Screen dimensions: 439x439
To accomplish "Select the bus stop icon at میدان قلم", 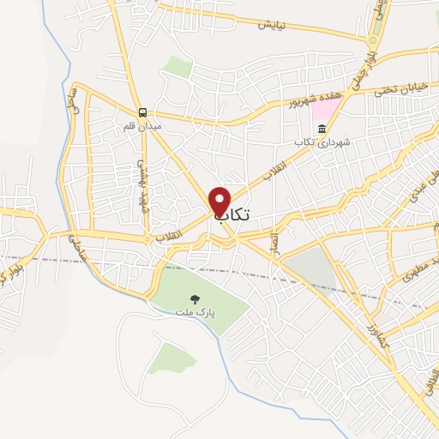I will tap(142, 112).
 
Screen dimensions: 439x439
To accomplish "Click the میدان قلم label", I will tap(141, 126).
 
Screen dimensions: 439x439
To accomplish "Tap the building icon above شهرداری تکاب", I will tap(322, 129).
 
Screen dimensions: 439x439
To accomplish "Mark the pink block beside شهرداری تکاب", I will tap(325, 111).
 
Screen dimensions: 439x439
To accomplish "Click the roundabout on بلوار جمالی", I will tap(374, 40).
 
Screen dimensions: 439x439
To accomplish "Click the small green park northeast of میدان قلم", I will tap(177, 67).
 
